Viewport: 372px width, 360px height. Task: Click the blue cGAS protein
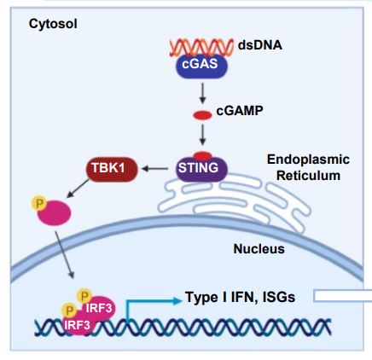pyautogui.click(x=201, y=66)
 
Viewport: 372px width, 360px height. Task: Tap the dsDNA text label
pyautogui.click(x=260, y=45)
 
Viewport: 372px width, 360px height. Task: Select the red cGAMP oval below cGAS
pyautogui.click(x=202, y=115)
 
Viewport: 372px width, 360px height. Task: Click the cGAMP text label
pyautogui.click(x=240, y=111)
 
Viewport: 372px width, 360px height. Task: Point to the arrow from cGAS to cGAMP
pyautogui.click(x=202, y=93)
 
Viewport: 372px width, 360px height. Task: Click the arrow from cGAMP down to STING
pyautogui.click(x=202, y=135)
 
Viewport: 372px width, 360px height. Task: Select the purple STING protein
pyautogui.click(x=202, y=169)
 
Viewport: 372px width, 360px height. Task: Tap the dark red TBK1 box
pyautogui.click(x=112, y=169)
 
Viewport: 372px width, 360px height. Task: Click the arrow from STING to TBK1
pyautogui.click(x=155, y=169)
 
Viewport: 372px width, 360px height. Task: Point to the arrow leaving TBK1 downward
pyautogui.click(x=78, y=189)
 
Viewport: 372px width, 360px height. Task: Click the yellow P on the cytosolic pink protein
pyautogui.click(x=39, y=203)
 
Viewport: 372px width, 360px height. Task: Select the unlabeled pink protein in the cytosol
pyautogui.click(x=55, y=212)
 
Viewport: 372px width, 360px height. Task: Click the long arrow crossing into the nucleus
pyautogui.click(x=65, y=255)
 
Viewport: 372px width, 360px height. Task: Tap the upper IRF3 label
pyautogui.click(x=99, y=308)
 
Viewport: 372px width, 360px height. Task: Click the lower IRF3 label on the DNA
pyautogui.click(x=77, y=325)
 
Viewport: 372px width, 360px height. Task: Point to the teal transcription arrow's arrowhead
pyautogui.click(x=177, y=300)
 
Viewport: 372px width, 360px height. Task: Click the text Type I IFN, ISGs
pyautogui.click(x=241, y=297)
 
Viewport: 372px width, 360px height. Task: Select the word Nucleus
pyautogui.click(x=259, y=249)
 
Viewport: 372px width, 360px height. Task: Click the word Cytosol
pyautogui.click(x=53, y=24)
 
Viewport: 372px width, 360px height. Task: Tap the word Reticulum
pyautogui.click(x=308, y=176)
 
